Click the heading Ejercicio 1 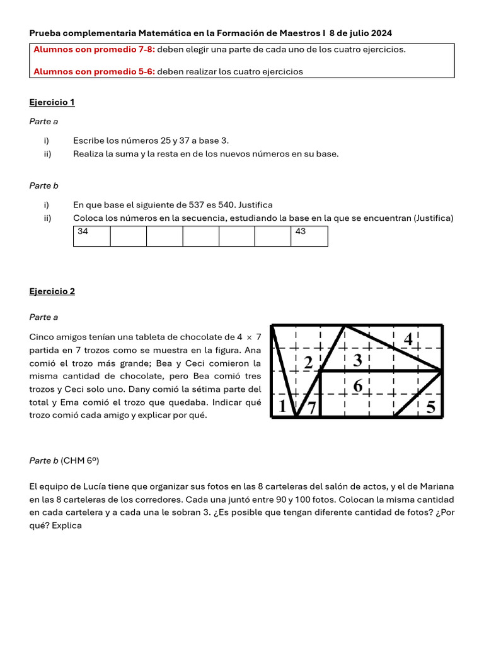(52, 102)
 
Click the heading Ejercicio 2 (52, 291)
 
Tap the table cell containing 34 (91, 236)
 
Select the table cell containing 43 (309, 236)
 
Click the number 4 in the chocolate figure (408, 339)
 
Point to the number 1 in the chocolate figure (281, 408)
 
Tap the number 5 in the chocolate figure (430, 408)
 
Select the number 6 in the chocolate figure (357, 385)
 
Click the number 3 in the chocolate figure (357, 361)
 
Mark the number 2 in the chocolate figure (308, 363)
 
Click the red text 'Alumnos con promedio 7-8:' (94, 50)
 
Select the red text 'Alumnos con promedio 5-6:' (94, 72)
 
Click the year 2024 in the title (381, 33)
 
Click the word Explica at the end (67, 525)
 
